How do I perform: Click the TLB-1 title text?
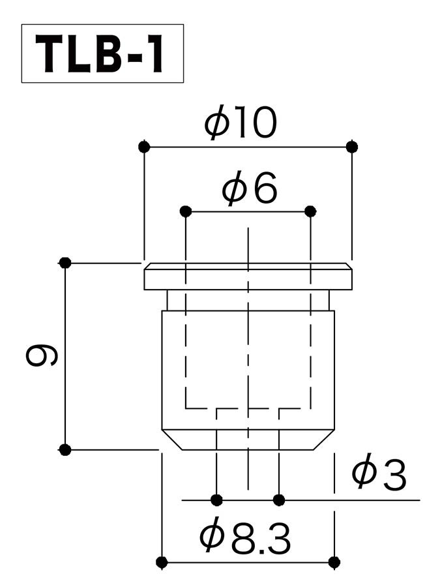[x=100, y=53]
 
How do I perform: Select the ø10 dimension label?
[x=241, y=122]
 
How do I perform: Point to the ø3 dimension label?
[x=379, y=472]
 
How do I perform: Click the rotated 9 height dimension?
[x=42, y=355]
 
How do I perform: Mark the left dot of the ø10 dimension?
[x=144, y=146]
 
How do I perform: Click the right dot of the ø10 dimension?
[x=352, y=146]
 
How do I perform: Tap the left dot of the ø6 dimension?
[x=186, y=211]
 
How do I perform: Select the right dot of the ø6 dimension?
[x=310, y=211]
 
